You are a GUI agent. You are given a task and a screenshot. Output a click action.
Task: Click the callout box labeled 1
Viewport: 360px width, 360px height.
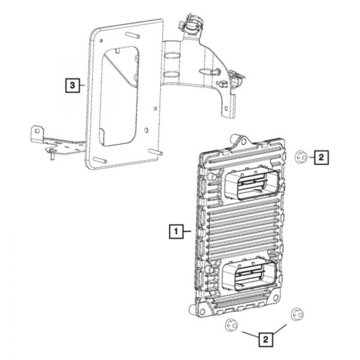pos(175,230)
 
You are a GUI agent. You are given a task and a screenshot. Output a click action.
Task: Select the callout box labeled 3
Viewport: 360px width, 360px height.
pos(72,86)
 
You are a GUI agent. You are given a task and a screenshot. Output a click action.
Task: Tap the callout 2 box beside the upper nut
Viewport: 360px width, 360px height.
pos(321,158)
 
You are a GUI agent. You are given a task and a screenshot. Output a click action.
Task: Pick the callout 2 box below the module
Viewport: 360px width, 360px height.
pos(263,339)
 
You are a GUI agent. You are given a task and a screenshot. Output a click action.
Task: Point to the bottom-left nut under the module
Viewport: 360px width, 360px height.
pos(229,325)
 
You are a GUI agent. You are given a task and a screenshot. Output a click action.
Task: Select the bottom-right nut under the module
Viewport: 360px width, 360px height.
pos(295,314)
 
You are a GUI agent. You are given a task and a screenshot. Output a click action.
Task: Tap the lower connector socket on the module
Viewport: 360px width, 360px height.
pos(249,277)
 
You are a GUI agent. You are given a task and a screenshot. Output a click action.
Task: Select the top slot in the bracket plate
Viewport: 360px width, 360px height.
pos(130,34)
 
